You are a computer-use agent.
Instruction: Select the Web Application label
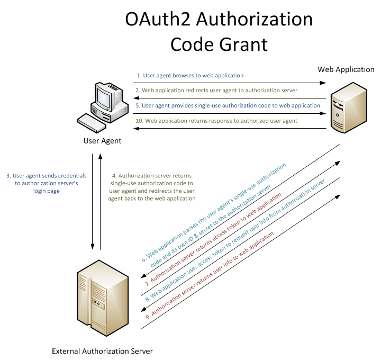(x=346, y=70)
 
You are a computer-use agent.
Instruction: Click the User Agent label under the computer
(x=102, y=141)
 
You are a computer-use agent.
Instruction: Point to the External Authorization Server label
(x=102, y=351)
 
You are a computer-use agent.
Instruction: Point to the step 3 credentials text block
(x=46, y=183)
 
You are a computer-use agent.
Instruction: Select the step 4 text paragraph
(x=154, y=187)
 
